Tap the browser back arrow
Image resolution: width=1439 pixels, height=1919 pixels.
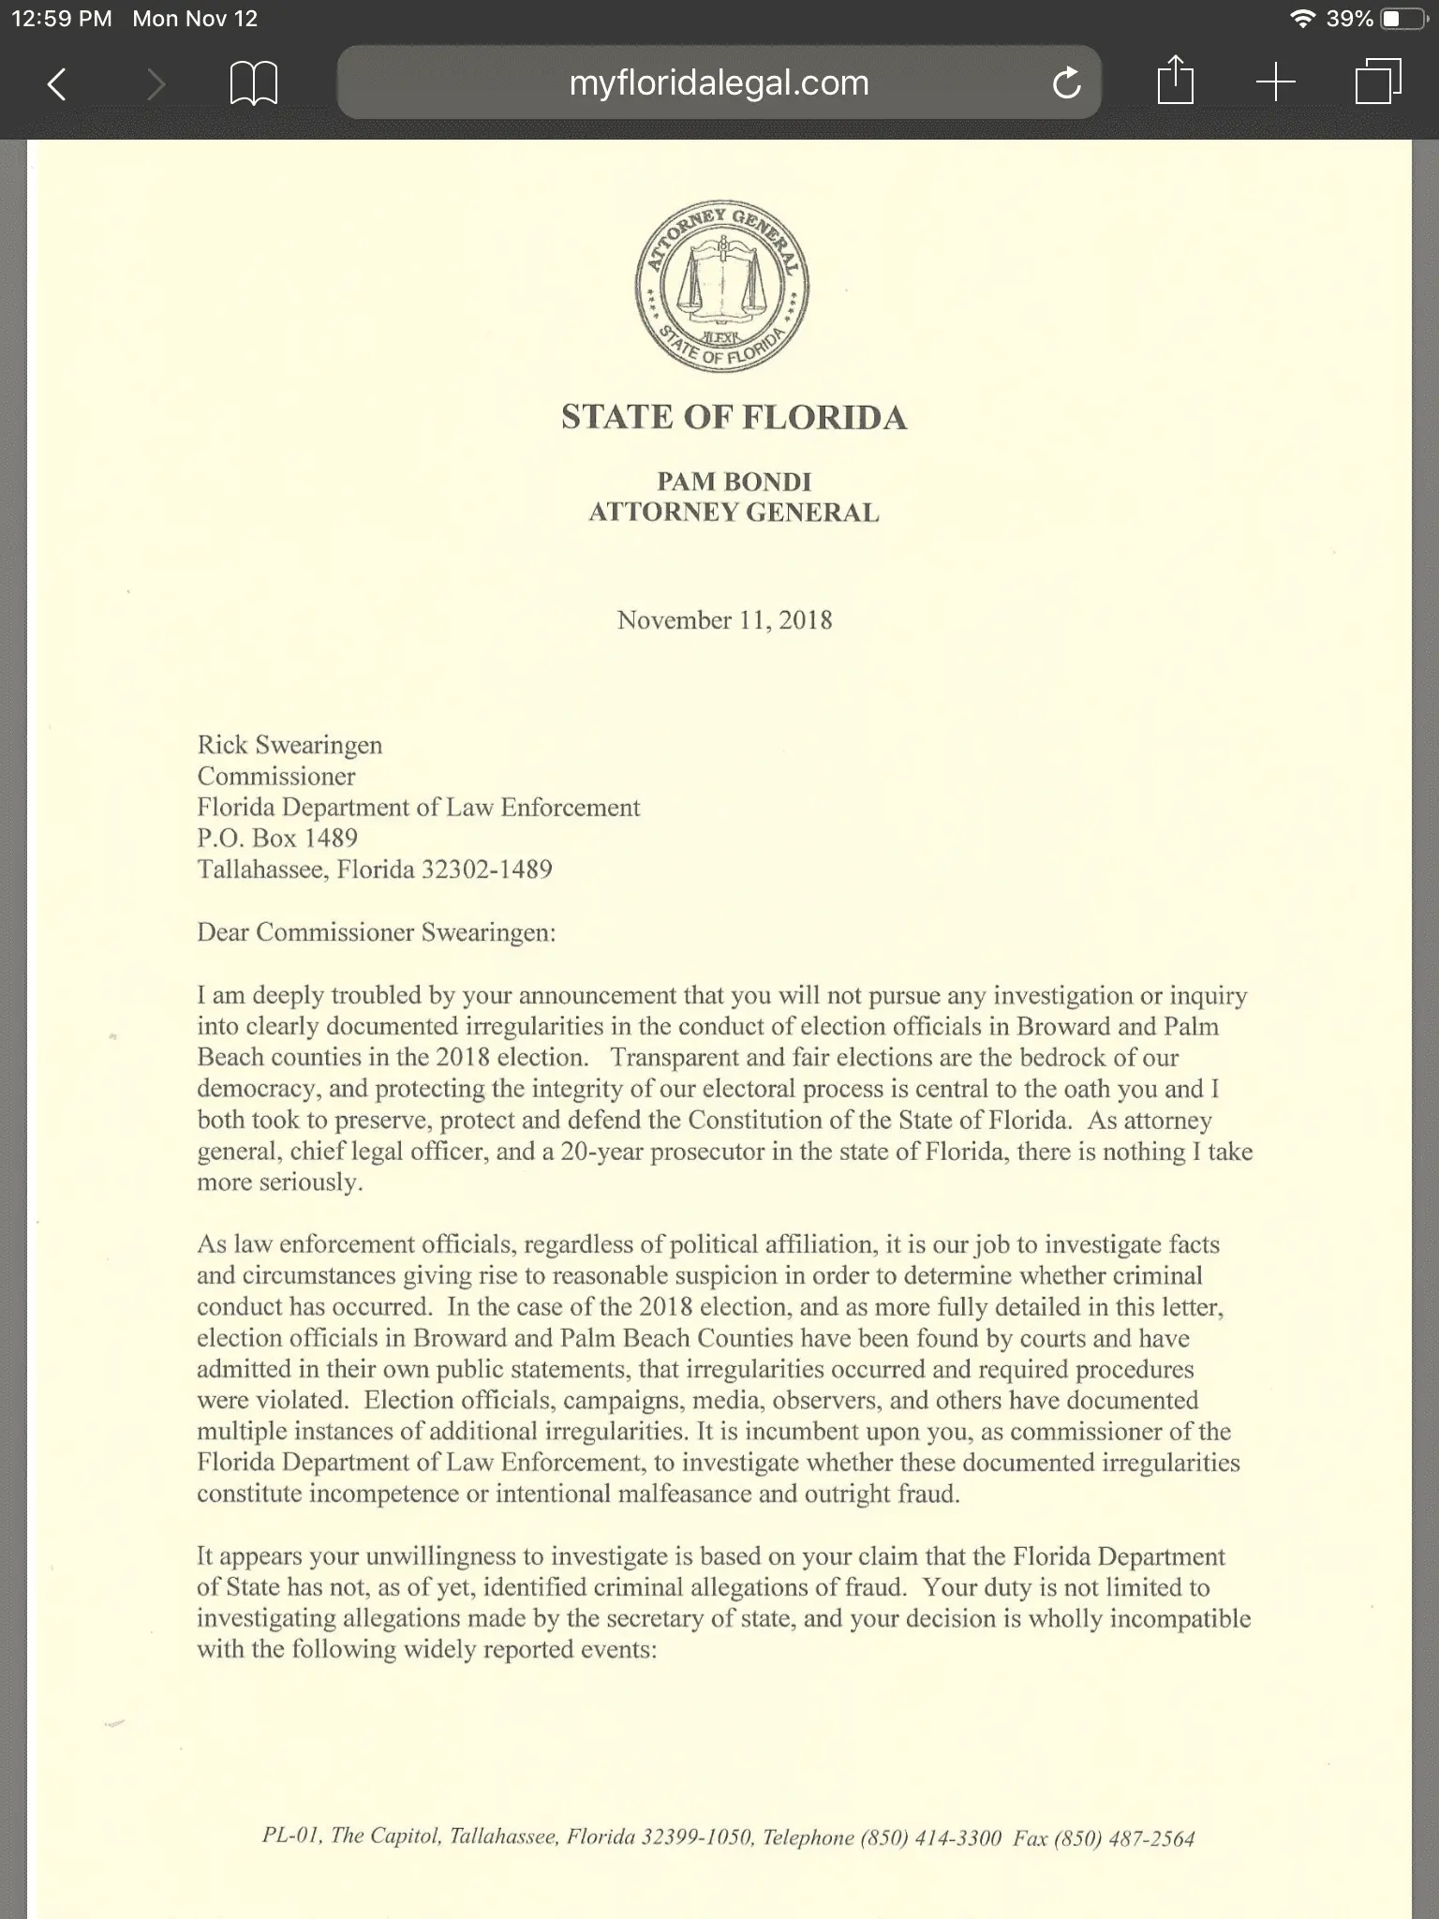pos(57,84)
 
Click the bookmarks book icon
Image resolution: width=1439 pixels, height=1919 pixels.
pos(254,84)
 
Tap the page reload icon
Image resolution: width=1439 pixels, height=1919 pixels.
pos(1066,84)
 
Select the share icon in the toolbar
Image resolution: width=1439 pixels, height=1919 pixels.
pos(1175,82)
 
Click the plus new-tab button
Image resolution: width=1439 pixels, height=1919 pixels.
pos(1275,83)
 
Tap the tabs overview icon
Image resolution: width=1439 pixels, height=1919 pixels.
pos(1378,82)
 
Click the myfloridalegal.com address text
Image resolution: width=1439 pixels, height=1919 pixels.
pos(719,83)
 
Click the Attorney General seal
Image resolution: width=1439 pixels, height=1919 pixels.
pos(722,286)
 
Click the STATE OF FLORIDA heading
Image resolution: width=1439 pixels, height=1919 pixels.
pos(734,418)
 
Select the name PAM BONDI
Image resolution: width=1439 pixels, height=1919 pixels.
pos(734,482)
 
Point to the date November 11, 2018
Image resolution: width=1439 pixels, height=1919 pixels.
pos(724,620)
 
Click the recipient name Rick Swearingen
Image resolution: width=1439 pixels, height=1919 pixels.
pos(289,745)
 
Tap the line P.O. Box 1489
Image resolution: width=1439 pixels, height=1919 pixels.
pos(277,838)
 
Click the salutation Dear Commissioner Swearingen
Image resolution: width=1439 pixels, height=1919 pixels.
pos(376,932)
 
